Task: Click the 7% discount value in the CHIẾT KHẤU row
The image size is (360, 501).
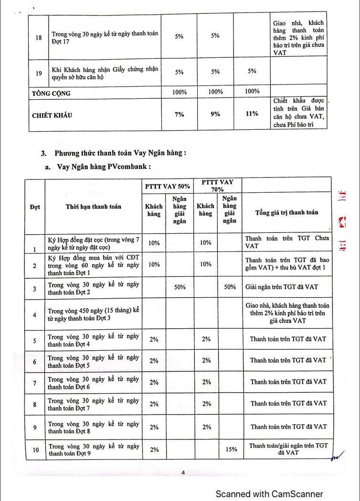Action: [x=179, y=114]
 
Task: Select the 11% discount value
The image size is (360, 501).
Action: [x=252, y=114]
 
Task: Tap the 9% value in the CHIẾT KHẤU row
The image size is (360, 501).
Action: [x=215, y=114]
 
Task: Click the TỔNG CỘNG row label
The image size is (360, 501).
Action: [x=51, y=93]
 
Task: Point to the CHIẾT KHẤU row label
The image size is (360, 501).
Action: [x=53, y=115]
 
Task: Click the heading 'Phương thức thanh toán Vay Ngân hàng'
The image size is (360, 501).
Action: [x=120, y=153]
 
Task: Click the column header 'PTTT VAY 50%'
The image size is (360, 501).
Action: [x=167, y=187]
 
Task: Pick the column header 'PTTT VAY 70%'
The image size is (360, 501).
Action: [x=217, y=185]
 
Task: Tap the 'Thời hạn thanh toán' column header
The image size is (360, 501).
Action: [x=94, y=207]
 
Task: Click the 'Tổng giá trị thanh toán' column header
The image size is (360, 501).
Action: [x=287, y=212]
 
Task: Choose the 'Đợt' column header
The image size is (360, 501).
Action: [x=34, y=207]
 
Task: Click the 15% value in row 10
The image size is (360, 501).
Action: [x=231, y=449]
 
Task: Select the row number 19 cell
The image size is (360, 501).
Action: [x=39, y=73]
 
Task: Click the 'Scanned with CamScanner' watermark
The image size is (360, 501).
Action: [x=269, y=494]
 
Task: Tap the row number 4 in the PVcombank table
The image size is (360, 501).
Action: [x=34, y=315]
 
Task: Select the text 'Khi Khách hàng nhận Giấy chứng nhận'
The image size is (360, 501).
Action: [x=105, y=70]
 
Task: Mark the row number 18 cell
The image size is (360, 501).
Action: [x=39, y=38]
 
